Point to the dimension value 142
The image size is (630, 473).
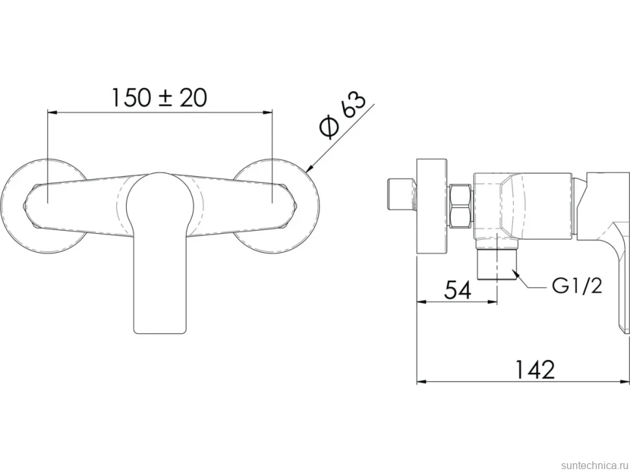535,370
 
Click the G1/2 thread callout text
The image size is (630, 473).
577,287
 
